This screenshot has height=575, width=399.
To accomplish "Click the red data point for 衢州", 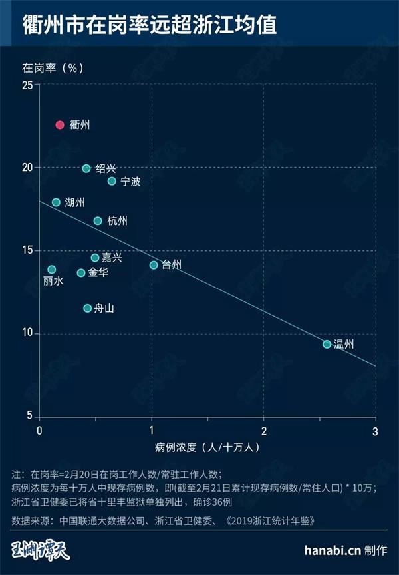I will tap(59, 124).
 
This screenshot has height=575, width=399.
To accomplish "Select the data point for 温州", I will tap(327, 344).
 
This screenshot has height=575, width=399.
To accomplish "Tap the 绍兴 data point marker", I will tap(86, 168).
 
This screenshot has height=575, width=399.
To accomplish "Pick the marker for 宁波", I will tap(112, 181).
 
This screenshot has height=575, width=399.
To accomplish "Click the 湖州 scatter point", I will tap(56, 202).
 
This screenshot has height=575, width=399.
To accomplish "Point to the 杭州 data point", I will tap(98, 220).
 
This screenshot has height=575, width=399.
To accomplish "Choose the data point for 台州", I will tap(154, 265).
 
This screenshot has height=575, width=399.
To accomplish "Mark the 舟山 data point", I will tap(87, 308).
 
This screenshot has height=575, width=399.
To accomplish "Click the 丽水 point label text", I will tap(53, 282).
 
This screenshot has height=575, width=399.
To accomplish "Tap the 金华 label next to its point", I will tap(98, 273).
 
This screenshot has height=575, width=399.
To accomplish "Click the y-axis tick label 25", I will tap(27, 85).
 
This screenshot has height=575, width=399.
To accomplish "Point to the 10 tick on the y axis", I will tap(27, 333).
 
